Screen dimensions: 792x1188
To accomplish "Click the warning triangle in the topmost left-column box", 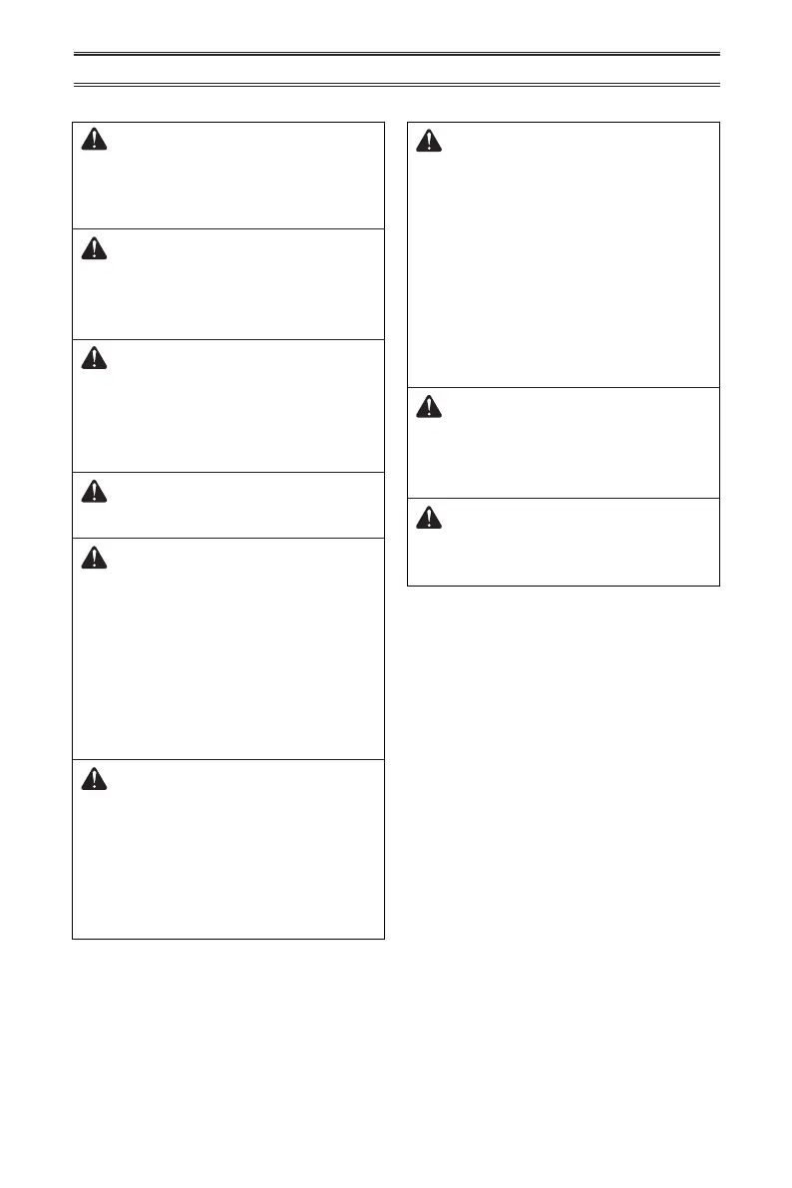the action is [93, 142].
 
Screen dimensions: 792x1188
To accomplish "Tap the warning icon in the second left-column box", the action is [93, 248].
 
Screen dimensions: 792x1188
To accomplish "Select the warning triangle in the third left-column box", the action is [93, 359].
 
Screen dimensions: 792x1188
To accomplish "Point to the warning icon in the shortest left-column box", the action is [93, 491].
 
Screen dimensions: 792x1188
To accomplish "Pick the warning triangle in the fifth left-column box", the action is [93, 557].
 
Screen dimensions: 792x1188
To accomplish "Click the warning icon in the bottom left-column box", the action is [93, 779].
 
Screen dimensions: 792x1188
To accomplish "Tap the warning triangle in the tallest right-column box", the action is [429, 142].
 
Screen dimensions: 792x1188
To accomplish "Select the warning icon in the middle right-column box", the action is [429, 406].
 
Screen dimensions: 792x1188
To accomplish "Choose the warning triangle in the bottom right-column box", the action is [429, 518].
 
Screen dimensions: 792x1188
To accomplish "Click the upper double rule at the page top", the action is [396, 54].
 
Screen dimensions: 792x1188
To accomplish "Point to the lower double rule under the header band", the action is [396, 86].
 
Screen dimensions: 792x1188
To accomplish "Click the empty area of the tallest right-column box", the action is [564, 269].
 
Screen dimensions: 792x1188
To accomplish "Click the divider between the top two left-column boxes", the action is [228, 229].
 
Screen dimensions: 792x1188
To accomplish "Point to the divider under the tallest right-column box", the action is [564, 387].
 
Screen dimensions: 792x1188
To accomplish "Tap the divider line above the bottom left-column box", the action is [228, 760].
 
